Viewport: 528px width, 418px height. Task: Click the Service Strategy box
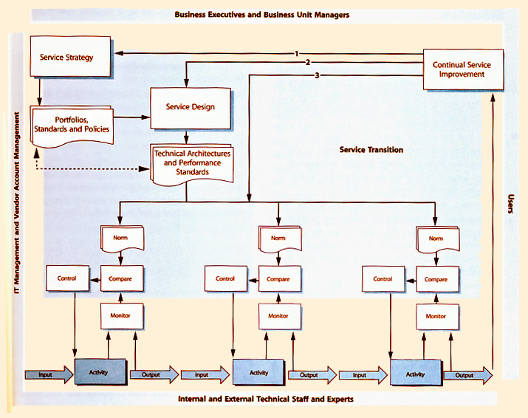[x=72, y=58]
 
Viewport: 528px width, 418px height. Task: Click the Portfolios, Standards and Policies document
[x=72, y=124]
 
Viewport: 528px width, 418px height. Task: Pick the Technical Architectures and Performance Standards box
[x=191, y=163]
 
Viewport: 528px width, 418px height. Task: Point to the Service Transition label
[x=371, y=150]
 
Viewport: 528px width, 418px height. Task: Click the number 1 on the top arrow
[x=295, y=54]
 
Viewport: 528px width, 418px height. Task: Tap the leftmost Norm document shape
[x=120, y=239]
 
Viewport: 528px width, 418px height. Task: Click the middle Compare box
[x=278, y=279]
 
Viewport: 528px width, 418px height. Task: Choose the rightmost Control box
[x=383, y=279]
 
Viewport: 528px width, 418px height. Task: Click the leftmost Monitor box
[x=120, y=315]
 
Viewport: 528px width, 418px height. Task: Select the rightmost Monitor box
[x=436, y=316]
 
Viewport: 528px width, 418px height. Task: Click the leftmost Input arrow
[x=47, y=374]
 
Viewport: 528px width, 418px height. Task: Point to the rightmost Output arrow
[x=467, y=375]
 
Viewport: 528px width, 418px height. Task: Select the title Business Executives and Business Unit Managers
[x=263, y=15]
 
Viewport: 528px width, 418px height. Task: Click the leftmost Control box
[x=66, y=279]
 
